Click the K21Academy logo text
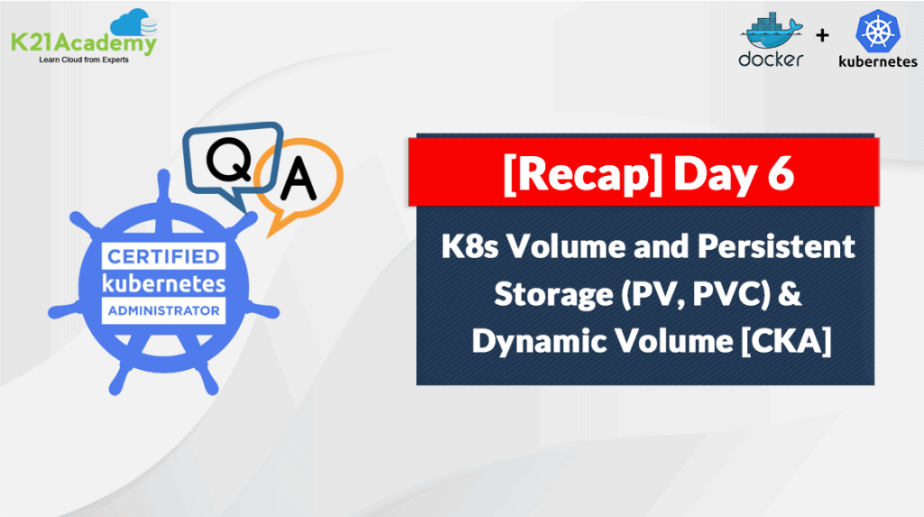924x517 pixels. point(84,43)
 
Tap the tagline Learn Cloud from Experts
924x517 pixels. point(84,60)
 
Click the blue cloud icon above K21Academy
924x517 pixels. point(134,23)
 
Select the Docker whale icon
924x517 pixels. point(772,32)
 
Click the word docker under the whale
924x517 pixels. point(771,59)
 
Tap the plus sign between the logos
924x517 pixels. point(822,35)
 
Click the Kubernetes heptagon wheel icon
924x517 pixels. point(878,31)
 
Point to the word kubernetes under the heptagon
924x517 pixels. point(878,61)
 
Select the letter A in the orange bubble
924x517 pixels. point(298,179)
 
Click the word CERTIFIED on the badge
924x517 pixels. point(164,256)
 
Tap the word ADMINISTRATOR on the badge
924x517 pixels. point(164,310)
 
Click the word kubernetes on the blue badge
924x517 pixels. point(164,283)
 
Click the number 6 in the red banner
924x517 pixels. point(781,172)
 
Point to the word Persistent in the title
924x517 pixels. point(776,245)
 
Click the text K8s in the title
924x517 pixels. point(470,245)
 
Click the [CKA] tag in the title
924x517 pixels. point(786,341)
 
